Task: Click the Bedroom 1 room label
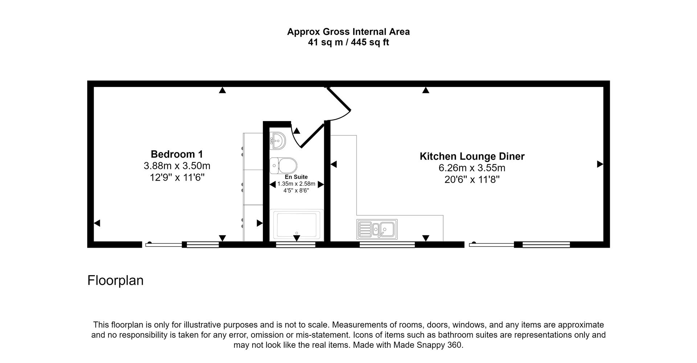pyautogui.click(x=177, y=154)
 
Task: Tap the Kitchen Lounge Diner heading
pyautogui.click(x=472, y=156)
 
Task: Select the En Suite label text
pyautogui.click(x=296, y=177)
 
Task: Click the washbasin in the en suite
pyautogui.click(x=278, y=140)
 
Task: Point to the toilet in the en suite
pyautogui.click(x=284, y=166)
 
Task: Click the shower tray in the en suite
pyautogui.click(x=297, y=225)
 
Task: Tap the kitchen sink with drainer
pyautogui.click(x=377, y=229)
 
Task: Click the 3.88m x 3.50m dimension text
pyautogui.click(x=177, y=166)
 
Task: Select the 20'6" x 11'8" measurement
pyautogui.click(x=472, y=180)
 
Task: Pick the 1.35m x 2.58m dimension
pyautogui.click(x=296, y=184)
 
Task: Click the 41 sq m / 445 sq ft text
pyautogui.click(x=348, y=42)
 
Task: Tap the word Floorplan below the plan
pyautogui.click(x=115, y=280)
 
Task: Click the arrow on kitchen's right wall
pyautogui.click(x=600, y=164)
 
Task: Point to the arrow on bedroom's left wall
pyautogui.click(x=97, y=223)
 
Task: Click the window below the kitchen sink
pyautogui.click(x=387, y=245)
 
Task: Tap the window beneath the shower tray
pyautogui.click(x=295, y=245)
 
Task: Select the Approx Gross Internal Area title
pyautogui.click(x=348, y=32)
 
